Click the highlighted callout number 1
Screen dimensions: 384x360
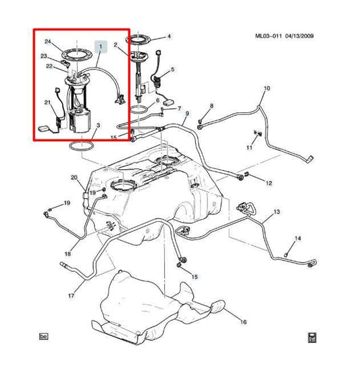pyautogui.click(x=102, y=47)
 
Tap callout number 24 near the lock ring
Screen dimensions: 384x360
pyautogui.click(x=48, y=42)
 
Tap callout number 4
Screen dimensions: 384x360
pyautogui.click(x=169, y=37)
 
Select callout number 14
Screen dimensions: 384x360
pyautogui.click(x=298, y=238)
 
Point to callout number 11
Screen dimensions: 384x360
pyautogui.click(x=249, y=147)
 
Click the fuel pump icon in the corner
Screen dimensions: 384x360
pyautogui.click(x=311, y=336)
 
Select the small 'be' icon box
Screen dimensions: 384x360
pyautogui.click(x=45, y=336)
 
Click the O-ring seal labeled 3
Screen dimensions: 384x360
pyautogui.click(x=81, y=145)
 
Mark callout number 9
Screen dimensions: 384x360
pyautogui.click(x=186, y=113)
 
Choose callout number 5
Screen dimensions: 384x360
pyautogui.click(x=172, y=70)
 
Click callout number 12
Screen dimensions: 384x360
pyautogui.click(x=268, y=183)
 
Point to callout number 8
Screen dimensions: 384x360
pyautogui.click(x=211, y=105)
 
